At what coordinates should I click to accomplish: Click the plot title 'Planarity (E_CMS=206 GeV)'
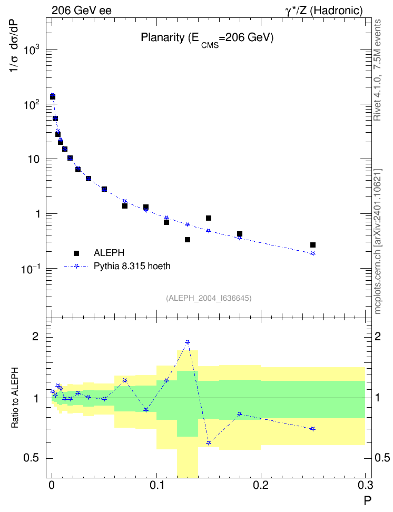207,39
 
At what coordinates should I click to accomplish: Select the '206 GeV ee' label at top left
81,11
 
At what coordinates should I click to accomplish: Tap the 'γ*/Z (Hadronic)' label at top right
324,11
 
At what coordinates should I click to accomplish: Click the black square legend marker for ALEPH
76,253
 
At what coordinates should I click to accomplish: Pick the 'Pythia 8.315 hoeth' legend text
132,266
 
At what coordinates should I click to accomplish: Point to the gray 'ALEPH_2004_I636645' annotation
209,298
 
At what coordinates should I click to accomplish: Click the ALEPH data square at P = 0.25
313,245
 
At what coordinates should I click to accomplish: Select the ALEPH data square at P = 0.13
188,240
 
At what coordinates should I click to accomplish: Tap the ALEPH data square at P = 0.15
209,218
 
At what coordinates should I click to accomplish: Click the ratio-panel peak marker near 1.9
188,342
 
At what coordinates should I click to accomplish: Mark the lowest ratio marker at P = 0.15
209,443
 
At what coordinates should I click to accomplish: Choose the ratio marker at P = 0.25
313,429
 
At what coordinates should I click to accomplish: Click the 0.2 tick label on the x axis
261,485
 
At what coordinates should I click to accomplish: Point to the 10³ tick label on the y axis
32,50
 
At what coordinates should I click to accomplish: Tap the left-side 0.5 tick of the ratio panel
31,458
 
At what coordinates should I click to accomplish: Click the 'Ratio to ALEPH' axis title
15,398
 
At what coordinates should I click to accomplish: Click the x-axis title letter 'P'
368,500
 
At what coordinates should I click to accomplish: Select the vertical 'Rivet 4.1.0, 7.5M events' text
377,70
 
